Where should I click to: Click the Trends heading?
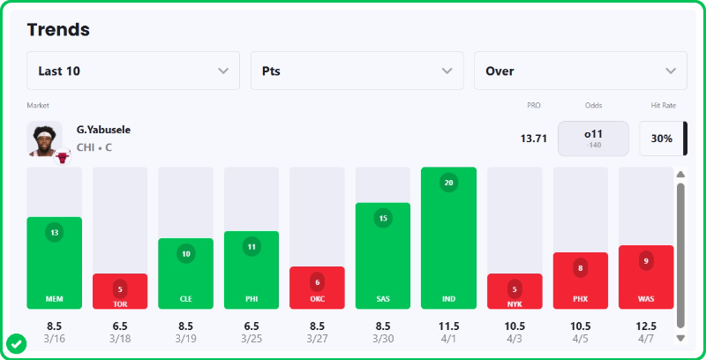pos(58,29)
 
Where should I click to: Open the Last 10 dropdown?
pos(133,71)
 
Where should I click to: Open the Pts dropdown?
pos(357,71)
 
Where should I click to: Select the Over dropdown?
pos(580,71)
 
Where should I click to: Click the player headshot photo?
pos(44,139)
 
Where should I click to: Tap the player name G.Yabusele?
pos(104,130)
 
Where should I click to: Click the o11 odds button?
pos(593,138)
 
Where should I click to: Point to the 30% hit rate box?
pos(661,139)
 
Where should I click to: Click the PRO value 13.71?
pos(534,139)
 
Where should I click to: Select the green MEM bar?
pos(55,262)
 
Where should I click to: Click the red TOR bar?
pos(120,291)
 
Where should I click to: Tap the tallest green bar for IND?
pos(449,238)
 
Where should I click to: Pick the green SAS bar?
pos(383,256)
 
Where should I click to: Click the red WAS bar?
pos(646,277)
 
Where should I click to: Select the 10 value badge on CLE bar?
pos(186,254)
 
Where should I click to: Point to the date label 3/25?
pos(252,338)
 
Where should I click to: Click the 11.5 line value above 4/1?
pos(449,325)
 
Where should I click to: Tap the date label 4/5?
pos(580,338)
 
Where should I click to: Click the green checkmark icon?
pos(15,342)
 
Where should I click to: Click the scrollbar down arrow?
pos(680,337)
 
